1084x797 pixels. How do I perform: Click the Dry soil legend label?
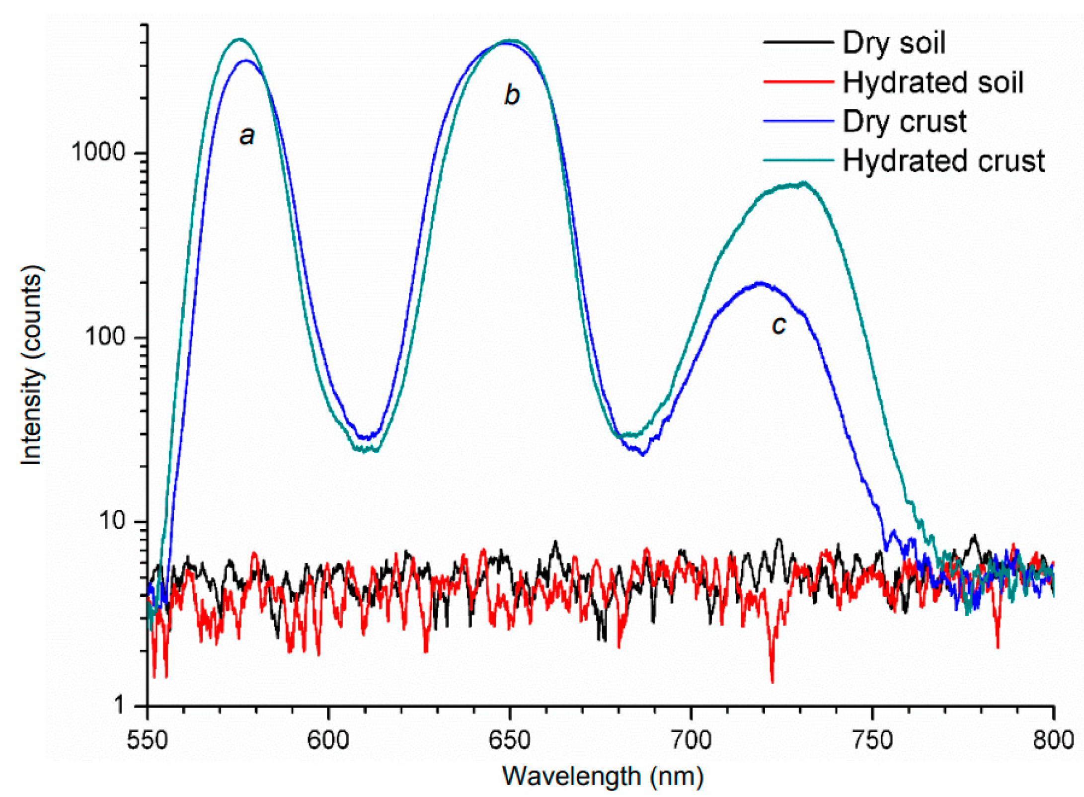pos(893,43)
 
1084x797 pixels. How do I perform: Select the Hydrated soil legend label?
pos(932,82)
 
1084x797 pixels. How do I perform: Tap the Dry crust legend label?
pos(904,122)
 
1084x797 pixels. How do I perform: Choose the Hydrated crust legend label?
pos(943,161)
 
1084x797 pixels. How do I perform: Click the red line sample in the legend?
pos(798,82)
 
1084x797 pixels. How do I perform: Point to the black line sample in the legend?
pos(798,43)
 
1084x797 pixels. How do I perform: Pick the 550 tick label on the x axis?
pos(147,740)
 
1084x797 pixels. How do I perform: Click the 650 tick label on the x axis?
pos(509,740)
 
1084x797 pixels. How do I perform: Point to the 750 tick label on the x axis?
pos(872,740)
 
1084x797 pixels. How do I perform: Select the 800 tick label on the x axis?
pos(1053,740)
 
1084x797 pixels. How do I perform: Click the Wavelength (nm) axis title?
pos(602,776)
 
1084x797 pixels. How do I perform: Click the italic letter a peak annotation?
pos(247,135)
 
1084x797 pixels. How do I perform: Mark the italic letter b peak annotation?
pos(512,95)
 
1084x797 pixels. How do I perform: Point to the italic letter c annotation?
pos(778,325)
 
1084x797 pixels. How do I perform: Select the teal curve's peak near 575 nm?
pos(240,39)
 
